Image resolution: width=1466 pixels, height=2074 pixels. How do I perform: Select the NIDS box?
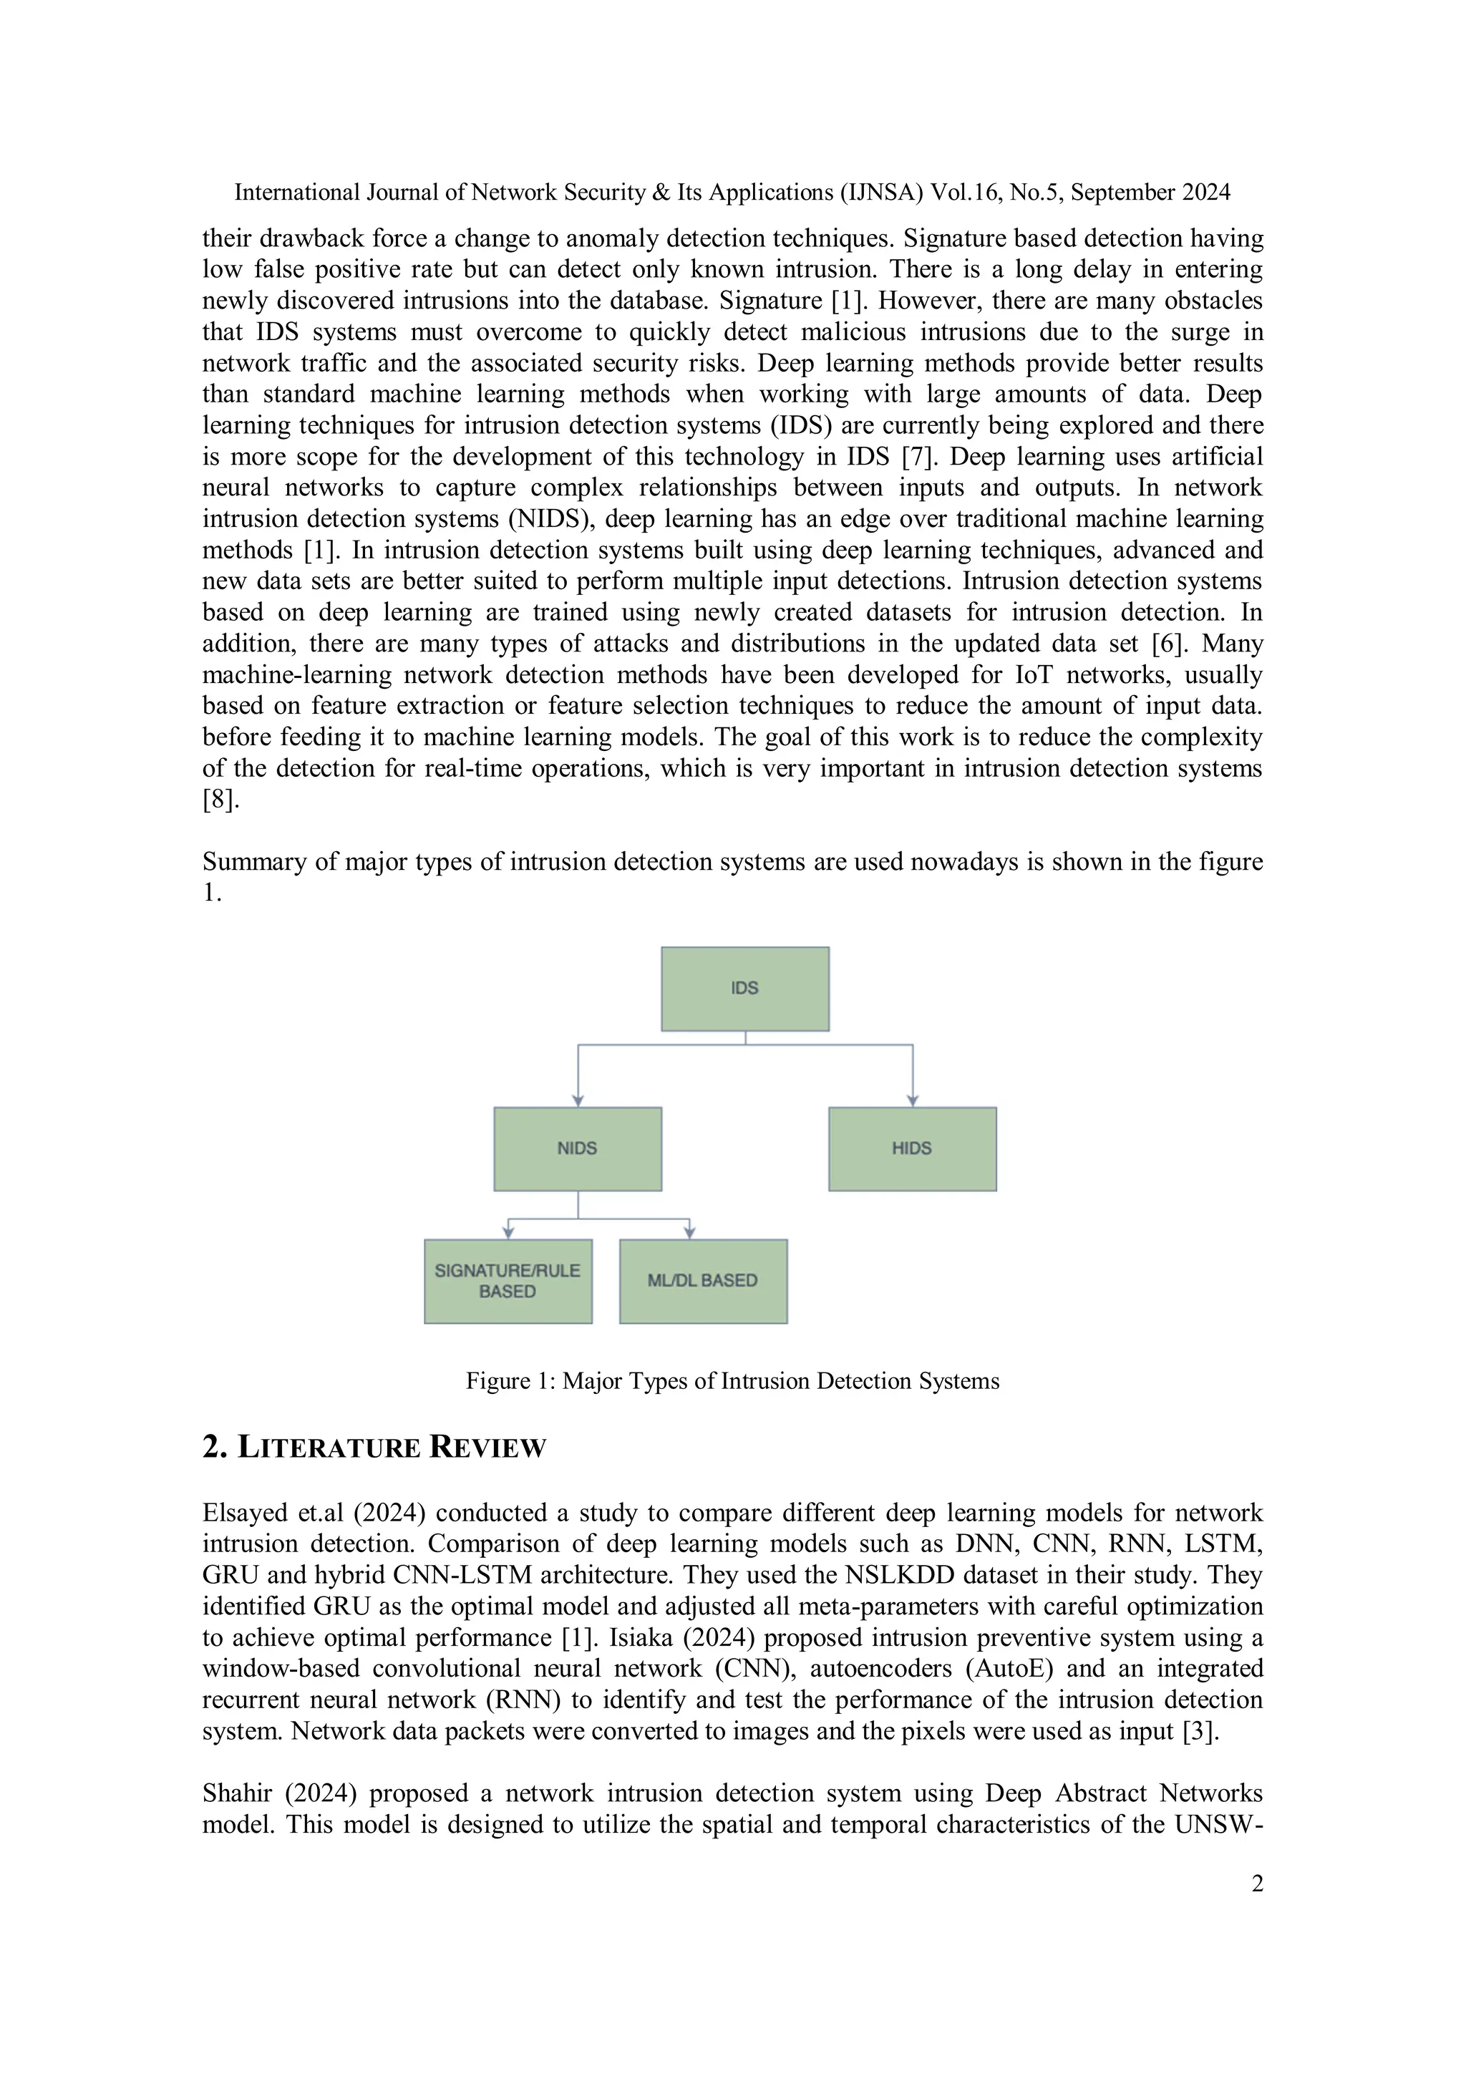(x=577, y=1148)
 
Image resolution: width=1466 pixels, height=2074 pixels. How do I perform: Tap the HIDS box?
(x=911, y=1148)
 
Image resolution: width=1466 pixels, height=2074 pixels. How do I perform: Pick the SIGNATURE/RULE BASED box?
(x=508, y=1281)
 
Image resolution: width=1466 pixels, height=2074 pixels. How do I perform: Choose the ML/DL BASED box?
(x=703, y=1281)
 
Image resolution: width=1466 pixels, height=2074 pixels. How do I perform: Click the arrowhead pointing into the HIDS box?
(x=912, y=1100)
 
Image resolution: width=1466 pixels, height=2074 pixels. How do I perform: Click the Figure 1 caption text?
(x=732, y=1381)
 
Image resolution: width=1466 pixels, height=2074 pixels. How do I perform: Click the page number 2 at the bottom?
(x=1256, y=1884)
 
